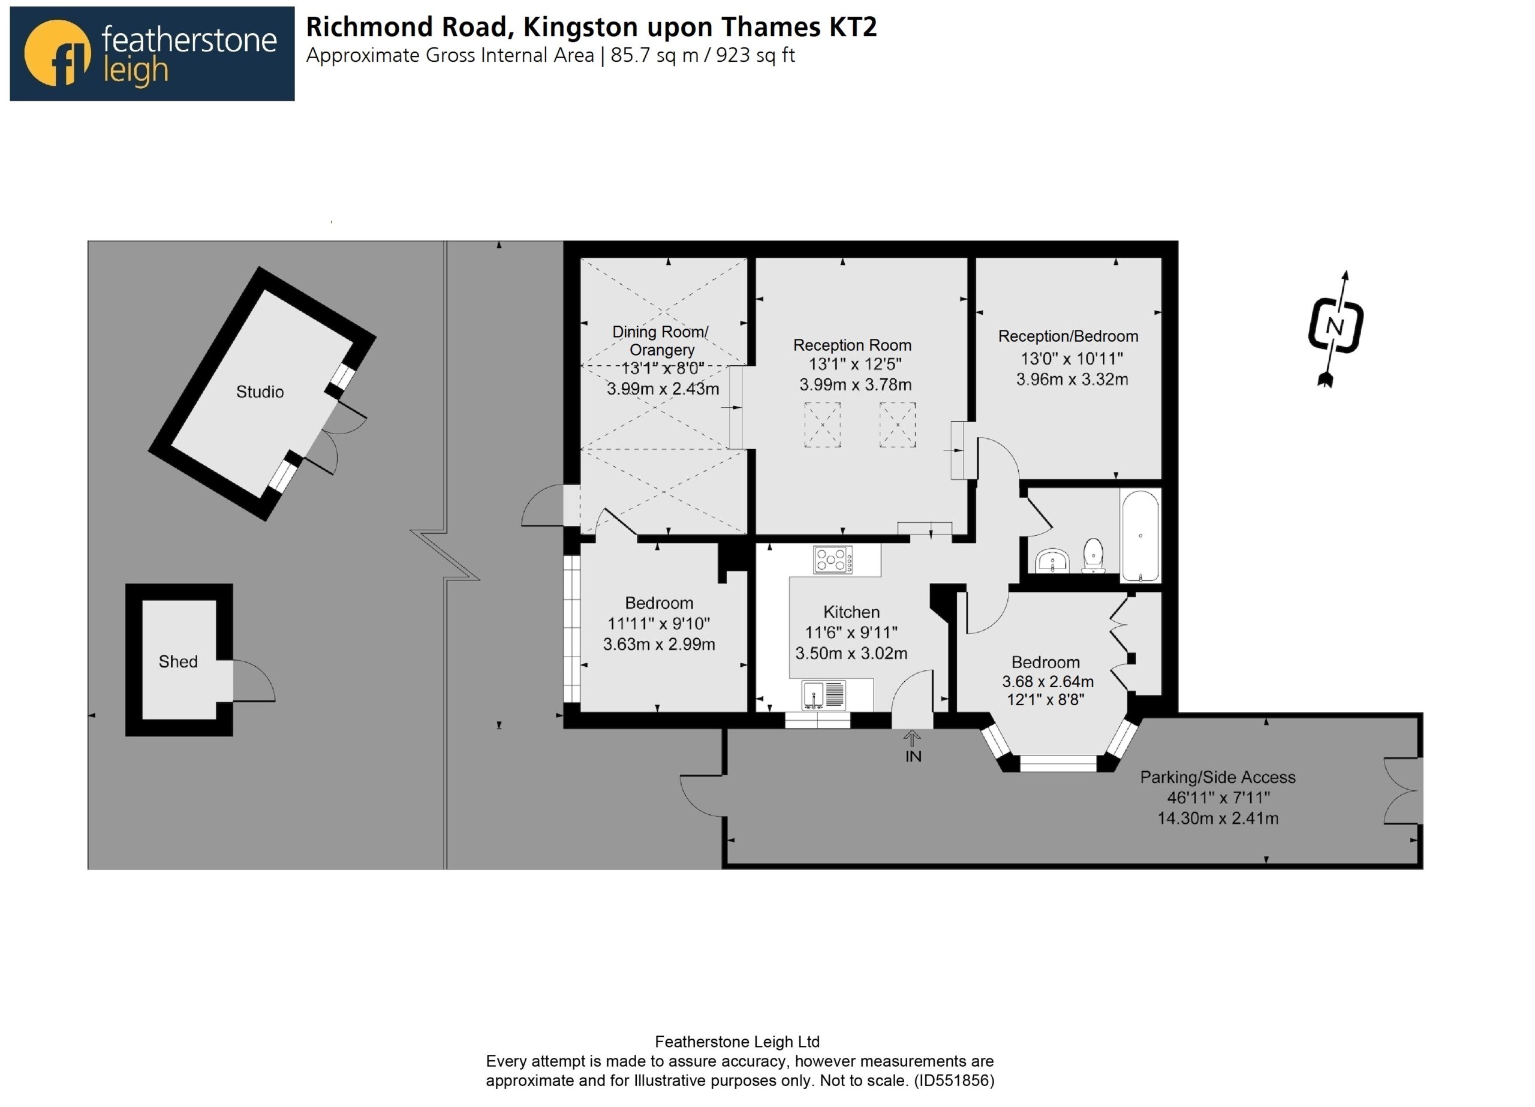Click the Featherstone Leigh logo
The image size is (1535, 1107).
(x=152, y=53)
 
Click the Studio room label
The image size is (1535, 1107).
(x=260, y=392)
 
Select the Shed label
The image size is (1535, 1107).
(x=178, y=661)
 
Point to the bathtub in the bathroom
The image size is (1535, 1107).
(x=1140, y=536)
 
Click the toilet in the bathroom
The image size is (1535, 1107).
(x=1093, y=556)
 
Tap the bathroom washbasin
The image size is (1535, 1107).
(x=1052, y=560)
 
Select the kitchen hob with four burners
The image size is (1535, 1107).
(x=833, y=560)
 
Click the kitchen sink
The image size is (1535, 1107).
(x=824, y=696)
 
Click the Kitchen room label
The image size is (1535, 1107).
(x=851, y=612)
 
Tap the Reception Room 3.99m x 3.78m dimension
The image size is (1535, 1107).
(x=856, y=384)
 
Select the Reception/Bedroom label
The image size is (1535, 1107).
(x=1068, y=336)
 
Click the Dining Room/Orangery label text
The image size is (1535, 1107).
(x=661, y=341)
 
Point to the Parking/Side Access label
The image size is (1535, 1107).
(x=1218, y=777)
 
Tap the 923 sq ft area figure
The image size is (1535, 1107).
(x=756, y=56)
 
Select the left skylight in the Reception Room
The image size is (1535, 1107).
(x=822, y=425)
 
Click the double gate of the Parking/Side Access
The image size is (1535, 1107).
(x=1402, y=791)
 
